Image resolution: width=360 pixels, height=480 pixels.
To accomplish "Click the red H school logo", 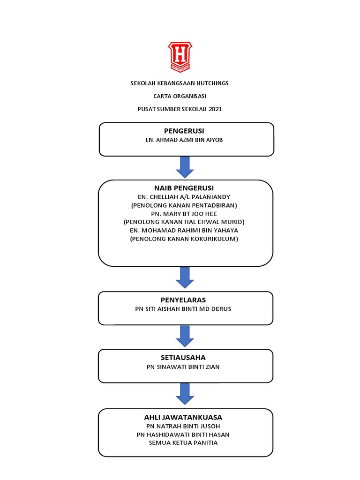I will pyautogui.click(x=180, y=57).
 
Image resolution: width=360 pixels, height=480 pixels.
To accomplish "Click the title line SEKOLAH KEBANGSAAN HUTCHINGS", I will pyautogui.click(x=180, y=83).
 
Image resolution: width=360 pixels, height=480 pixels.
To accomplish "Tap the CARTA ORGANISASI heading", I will pyautogui.click(x=180, y=96).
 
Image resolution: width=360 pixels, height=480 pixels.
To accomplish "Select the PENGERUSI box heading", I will pyautogui.click(x=184, y=131).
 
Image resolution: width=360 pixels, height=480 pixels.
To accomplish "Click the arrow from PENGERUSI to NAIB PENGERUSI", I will pyautogui.click(x=185, y=167).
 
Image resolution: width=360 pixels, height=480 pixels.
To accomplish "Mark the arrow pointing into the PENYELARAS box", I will pyautogui.click(x=185, y=277).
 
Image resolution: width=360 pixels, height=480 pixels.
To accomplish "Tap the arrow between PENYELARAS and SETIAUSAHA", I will pyautogui.click(x=185, y=336).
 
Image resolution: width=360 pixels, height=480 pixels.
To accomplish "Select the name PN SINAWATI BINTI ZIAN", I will pyautogui.click(x=183, y=367).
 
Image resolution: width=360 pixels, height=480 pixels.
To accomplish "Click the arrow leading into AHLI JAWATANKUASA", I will pyautogui.click(x=185, y=393).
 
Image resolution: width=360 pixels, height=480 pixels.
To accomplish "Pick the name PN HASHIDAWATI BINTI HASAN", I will pyautogui.click(x=183, y=435).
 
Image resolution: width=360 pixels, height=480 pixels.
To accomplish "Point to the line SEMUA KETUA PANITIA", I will pyautogui.click(x=183, y=442).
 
